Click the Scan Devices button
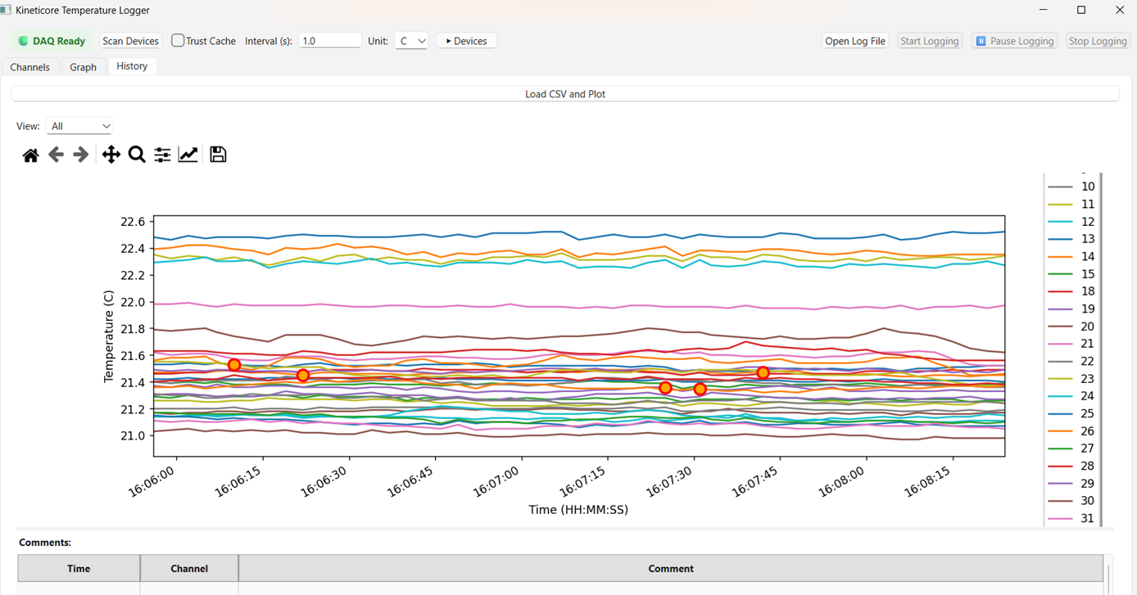[130, 41]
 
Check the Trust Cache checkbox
[178, 41]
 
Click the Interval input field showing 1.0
[329, 41]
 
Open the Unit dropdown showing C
[411, 41]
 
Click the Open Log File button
[855, 41]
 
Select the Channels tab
[30, 67]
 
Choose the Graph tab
[83, 67]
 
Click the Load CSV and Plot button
[565, 94]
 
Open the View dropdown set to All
[79, 126]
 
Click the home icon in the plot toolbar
[30, 155]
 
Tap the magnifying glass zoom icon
[137, 155]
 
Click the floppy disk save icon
[218, 155]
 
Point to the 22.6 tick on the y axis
[132, 222]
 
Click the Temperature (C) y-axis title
[108, 336]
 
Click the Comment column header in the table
[670, 568]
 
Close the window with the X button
[1119, 11]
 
